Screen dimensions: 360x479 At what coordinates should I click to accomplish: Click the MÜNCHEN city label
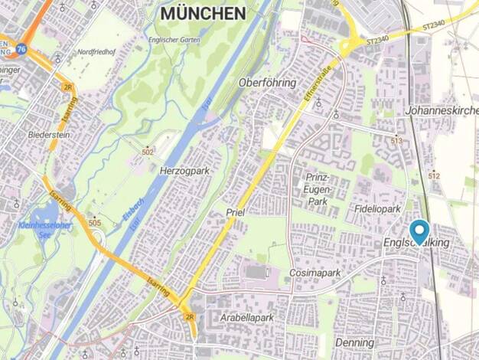(x=203, y=14)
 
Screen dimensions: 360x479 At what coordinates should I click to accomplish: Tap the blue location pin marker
(x=419, y=231)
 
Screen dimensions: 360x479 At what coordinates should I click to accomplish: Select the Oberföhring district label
(x=266, y=82)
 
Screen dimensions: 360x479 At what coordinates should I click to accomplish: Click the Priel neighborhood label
(x=235, y=211)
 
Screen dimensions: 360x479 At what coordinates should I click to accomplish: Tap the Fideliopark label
(x=377, y=208)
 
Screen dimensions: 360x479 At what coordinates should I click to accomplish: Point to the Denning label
(x=354, y=343)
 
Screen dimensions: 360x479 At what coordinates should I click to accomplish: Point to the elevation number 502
(x=147, y=152)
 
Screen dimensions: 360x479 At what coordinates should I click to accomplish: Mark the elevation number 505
(x=94, y=223)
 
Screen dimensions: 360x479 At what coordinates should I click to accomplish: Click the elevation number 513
(x=396, y=141)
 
